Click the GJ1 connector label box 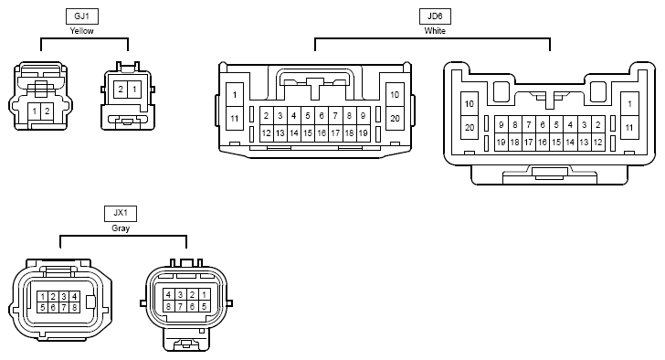coord(82,16)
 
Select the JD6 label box coord(435,16)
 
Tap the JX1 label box coord(121,213)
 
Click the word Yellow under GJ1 coord(82,31)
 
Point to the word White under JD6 coord(435,31)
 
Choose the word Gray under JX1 coord(121,228)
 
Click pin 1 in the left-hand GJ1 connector coord(35,111)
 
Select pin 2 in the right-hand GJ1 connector coord(121,90)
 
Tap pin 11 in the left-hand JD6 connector coord(235,118)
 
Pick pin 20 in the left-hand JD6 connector coord(395,118)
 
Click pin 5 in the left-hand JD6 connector coord(308,115)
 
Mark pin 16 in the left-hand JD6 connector coord(322,133)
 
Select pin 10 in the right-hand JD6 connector coord(470,104)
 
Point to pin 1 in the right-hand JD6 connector coord(629,104)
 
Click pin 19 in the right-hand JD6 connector coord(501,143)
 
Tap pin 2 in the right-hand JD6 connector coord(598,124)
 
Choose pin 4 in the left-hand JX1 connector coord(75,296)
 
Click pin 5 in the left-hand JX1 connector coord(42,307)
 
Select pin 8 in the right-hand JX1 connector coord(169,306)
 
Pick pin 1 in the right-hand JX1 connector coord(205,295)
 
